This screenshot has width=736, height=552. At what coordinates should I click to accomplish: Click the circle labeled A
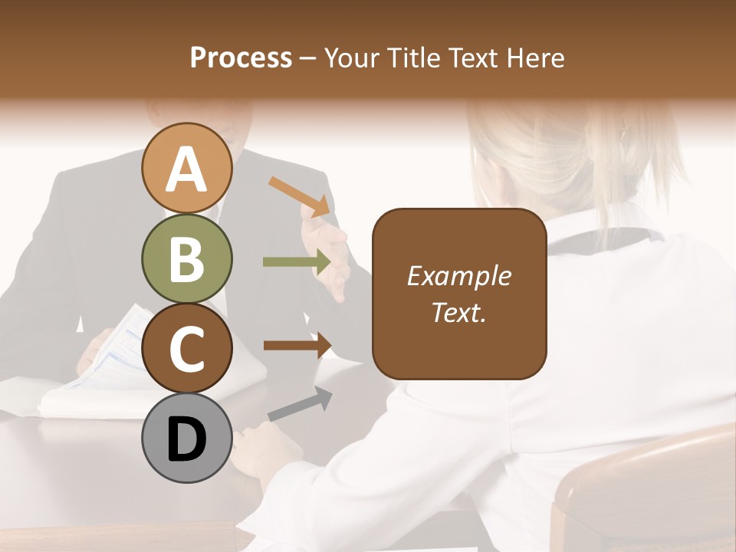coord(186,168)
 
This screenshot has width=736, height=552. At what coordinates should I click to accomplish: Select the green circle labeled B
coord(186,258)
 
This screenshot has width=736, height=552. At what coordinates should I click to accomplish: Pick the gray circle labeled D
coord(186,438)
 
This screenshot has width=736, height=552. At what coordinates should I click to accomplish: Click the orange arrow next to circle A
coord(300,195)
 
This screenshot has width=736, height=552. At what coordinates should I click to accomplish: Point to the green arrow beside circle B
coord(296,262)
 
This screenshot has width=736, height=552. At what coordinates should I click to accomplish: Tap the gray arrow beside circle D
coord(300,405)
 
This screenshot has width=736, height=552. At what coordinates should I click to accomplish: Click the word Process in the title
coord(241,58)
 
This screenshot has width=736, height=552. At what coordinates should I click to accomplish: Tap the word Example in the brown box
coord(458,276)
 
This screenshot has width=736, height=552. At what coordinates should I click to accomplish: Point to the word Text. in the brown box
coord(458,312)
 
